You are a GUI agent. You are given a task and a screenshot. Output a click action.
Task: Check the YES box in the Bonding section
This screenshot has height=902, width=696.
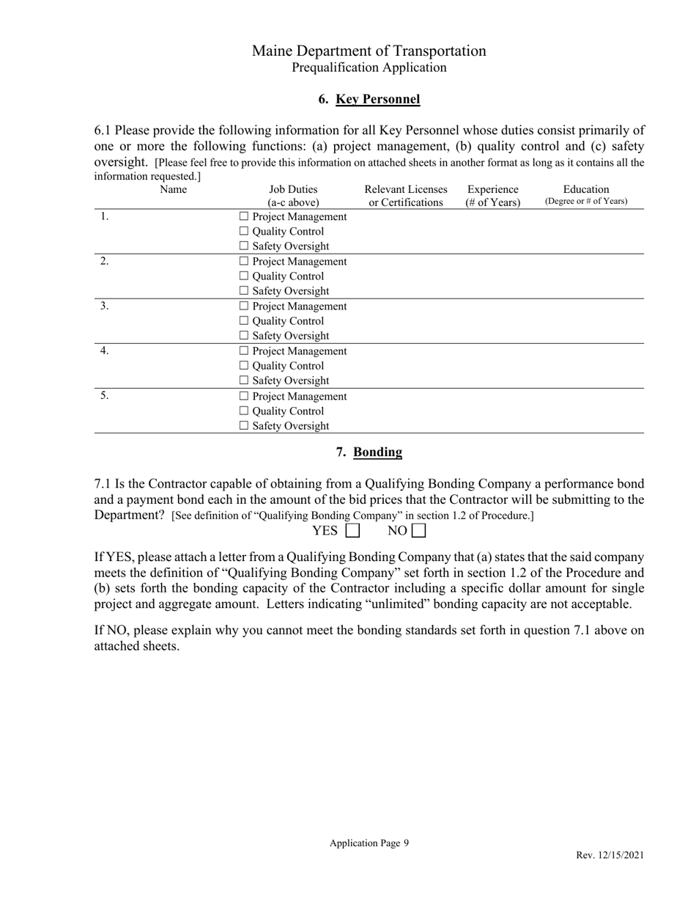coord(352,530)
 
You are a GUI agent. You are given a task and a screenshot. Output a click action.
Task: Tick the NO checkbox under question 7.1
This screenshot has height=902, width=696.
coord(418,530)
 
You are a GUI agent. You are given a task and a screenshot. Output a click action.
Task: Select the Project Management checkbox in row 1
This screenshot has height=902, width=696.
coord(244,217)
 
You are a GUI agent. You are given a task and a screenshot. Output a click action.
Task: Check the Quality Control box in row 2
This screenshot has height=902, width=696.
coord(244,276)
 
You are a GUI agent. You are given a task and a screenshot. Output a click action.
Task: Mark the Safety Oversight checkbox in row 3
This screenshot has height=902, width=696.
coord(244,336)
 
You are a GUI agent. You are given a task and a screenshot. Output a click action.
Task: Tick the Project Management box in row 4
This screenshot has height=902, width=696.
coord(244,351)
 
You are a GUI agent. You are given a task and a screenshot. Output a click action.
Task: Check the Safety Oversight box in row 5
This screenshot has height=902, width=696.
coord(244,426)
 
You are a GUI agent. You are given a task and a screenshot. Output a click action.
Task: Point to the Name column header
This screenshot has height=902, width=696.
coord(173,189)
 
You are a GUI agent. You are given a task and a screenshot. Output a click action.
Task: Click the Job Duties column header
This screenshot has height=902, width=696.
coord(293,189)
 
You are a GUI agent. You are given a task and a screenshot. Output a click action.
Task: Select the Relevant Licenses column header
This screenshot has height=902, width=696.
coord(405,189)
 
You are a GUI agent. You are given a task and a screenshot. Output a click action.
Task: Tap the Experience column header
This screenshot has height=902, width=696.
coord(492,189)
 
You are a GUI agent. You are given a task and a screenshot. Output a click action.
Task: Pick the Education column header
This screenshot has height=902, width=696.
coord(586,189)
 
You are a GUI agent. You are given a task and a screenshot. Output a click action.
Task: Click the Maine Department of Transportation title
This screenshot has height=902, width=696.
coord(369,51)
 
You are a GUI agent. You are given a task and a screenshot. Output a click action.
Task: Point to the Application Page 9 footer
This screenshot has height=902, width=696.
coord(369,843)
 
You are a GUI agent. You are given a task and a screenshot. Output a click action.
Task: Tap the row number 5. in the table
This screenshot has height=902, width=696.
coord(105,395)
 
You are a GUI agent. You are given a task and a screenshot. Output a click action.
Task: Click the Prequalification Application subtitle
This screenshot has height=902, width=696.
coord(369,67)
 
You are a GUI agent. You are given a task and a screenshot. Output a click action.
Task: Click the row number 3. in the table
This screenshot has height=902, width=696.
coord(105,306)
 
